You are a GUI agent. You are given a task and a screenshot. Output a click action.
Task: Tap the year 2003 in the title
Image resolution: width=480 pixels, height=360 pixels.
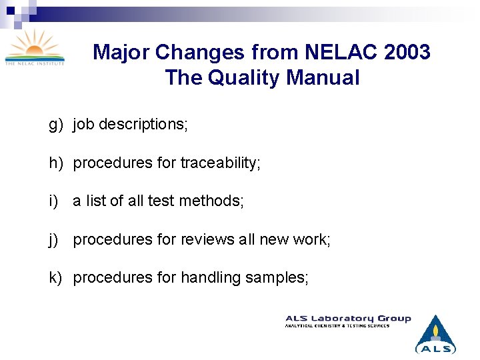click(x=407, y=52)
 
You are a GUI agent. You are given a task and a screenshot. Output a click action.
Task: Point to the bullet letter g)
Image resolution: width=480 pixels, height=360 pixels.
click(x=55, y=125)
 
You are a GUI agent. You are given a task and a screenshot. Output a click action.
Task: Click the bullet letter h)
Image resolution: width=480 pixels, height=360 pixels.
click(x=55, y=163)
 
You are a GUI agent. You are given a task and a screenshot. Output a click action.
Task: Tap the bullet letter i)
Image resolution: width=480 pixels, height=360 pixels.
click(x=53, y=201)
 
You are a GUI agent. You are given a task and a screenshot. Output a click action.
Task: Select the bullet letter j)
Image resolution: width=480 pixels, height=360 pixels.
click(x=53, y=239)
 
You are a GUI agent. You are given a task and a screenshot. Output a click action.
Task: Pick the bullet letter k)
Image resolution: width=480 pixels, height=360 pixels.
click(x=55, y=277)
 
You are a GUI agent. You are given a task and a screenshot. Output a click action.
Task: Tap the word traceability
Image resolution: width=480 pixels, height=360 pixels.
click(x=220, y=163)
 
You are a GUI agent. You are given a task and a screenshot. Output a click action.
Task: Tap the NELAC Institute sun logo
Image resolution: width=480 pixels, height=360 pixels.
click(x=35, y=47)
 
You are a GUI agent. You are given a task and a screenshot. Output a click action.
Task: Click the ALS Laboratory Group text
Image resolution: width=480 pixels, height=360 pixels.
click(x=348, y=319)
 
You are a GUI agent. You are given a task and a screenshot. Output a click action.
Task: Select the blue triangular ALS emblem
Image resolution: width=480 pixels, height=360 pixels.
click(x=435, y=334)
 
